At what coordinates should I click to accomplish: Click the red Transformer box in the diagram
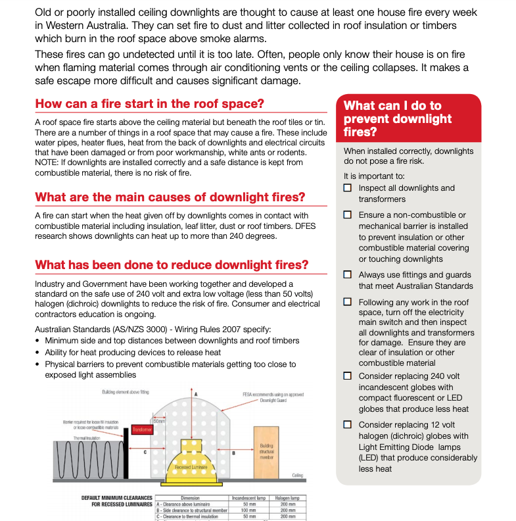(x=142, y=429)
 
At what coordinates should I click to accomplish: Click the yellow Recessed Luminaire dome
(x=195, y=460)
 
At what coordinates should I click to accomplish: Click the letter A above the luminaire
(x=195, y=393)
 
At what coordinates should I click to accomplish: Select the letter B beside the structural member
(x=235, y=453)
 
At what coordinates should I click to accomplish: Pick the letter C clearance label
(x=145, y=453)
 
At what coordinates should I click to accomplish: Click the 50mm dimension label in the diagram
(x=160, y=420)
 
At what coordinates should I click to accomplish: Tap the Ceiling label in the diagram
(x=297, y=476)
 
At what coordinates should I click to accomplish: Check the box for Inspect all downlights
(x=348, y=188)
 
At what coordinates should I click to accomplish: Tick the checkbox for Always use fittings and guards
(x=348, y=275)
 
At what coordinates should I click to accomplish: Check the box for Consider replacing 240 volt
(x=348, y=376)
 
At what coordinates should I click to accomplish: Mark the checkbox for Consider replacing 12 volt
(x=348, y=425)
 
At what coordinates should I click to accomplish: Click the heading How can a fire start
(x=149, y=103)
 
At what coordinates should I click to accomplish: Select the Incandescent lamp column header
(x=246, y=498)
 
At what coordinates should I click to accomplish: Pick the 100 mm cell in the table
(x=246, y=510)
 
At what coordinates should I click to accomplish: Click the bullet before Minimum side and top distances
(x=37, y=341)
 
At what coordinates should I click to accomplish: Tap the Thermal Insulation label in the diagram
(x=86, y=437)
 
